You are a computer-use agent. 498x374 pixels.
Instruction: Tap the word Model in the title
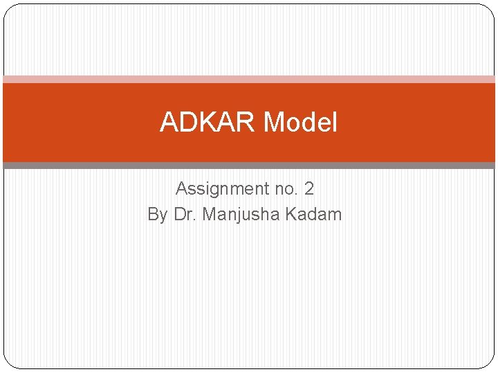click(300, 123)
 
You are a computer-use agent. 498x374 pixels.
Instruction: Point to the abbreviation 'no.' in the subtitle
click(286, 188)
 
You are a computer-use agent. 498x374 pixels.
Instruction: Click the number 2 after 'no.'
click(309, 188)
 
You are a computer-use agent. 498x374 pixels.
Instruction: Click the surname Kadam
click(313, 215)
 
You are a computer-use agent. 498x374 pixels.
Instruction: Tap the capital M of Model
click(274, 123)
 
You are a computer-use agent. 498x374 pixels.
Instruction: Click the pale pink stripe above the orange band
click(249, 79)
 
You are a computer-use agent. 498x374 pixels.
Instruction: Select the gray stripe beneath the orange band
click(249, 166)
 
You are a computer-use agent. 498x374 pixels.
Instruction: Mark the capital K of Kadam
click(290, 215)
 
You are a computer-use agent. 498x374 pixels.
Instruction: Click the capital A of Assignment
click(182, 188)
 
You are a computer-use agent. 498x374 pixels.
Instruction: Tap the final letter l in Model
click(335, 123)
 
